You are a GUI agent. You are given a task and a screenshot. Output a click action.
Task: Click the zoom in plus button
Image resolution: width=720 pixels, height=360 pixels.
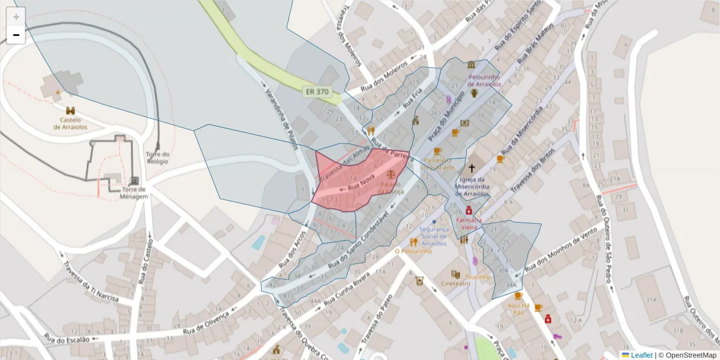coord(16,17)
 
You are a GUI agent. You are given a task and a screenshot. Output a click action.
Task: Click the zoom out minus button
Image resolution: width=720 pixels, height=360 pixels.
coord(16,35)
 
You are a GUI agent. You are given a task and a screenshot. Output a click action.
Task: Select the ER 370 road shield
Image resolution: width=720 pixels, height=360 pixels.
coord(317,92)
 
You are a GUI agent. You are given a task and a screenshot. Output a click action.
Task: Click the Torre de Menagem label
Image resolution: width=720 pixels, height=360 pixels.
coord(133,193)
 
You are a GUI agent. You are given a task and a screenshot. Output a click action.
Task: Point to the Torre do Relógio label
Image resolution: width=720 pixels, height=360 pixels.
coord(158,158)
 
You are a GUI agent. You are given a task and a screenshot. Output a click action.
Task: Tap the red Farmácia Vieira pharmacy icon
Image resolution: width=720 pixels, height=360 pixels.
coord(469,211)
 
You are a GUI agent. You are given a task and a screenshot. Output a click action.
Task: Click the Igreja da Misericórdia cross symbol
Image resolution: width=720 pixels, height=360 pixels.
coord(472,169)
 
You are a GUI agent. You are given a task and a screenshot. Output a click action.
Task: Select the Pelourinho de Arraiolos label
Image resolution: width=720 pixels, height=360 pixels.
coord(484,81)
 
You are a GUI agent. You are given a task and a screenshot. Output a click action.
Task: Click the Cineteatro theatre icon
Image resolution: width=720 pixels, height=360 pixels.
coord(455,274)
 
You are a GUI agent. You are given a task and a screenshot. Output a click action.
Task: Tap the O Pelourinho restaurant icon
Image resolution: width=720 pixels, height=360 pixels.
coord(413,242)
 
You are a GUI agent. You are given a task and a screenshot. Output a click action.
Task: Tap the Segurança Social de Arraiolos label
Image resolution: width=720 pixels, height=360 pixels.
coord(434,236)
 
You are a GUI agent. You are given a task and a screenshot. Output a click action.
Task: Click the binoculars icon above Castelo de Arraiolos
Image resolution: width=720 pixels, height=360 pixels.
coord(71,111)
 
